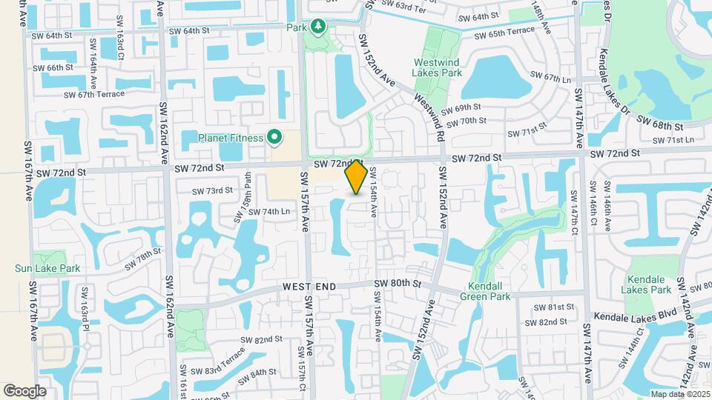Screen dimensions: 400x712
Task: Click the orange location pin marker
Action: click(x=356, y=177)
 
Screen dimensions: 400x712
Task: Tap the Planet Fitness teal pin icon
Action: click(x=274, y=137)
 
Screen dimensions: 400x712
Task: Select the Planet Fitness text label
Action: click(x=231, y=138)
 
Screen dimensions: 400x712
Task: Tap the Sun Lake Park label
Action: click(x=46, y=268)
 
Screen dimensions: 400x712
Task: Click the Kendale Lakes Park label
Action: click(x=648, y=284)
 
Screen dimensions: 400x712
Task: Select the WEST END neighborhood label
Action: click(x=309, y=287)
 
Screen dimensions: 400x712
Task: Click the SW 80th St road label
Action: click(x=398, y=284)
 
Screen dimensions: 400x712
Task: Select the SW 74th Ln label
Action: click(x=268, y=212)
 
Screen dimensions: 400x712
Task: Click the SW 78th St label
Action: click(x=143, y=258)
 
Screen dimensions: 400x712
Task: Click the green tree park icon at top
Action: click(x=318, y=27)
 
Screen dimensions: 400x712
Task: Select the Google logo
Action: click(x=24, y=390)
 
